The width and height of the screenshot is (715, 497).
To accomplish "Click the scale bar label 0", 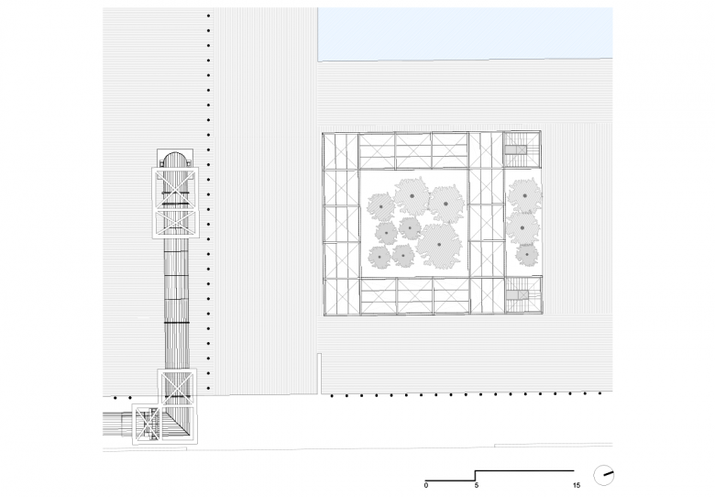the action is coord(426,486).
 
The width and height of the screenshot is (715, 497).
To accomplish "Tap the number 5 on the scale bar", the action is coord(477,486).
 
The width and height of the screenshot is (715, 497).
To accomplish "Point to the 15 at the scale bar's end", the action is coord(577,486).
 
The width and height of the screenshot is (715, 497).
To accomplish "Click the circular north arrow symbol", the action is coord(603,475).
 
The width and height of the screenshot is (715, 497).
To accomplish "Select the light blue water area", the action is coord(465,33).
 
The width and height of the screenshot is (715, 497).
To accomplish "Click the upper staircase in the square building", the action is coord(522,149).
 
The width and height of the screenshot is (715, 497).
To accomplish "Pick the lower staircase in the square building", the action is coord(522,296).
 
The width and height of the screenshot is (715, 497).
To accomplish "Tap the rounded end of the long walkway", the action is coord(175,159).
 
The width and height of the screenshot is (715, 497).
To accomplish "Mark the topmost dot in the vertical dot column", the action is coord(209,16).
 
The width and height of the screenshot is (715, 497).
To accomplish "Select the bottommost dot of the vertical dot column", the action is coord(209,388).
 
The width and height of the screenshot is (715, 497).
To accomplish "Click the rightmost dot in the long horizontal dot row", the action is coord(599,392).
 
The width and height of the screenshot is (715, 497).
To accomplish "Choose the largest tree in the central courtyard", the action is coord(440,245).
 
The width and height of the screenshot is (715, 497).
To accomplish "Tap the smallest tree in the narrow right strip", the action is coord(527,255).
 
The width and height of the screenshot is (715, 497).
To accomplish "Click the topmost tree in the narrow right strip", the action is coord(525,196).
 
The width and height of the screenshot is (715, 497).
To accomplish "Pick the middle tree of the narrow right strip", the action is coord(522,227).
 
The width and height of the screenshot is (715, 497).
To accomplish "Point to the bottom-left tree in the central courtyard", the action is coord(379,257).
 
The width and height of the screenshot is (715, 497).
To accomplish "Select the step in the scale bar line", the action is coord(476,476).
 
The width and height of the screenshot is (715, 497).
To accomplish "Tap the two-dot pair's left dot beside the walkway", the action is coord(115,398).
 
